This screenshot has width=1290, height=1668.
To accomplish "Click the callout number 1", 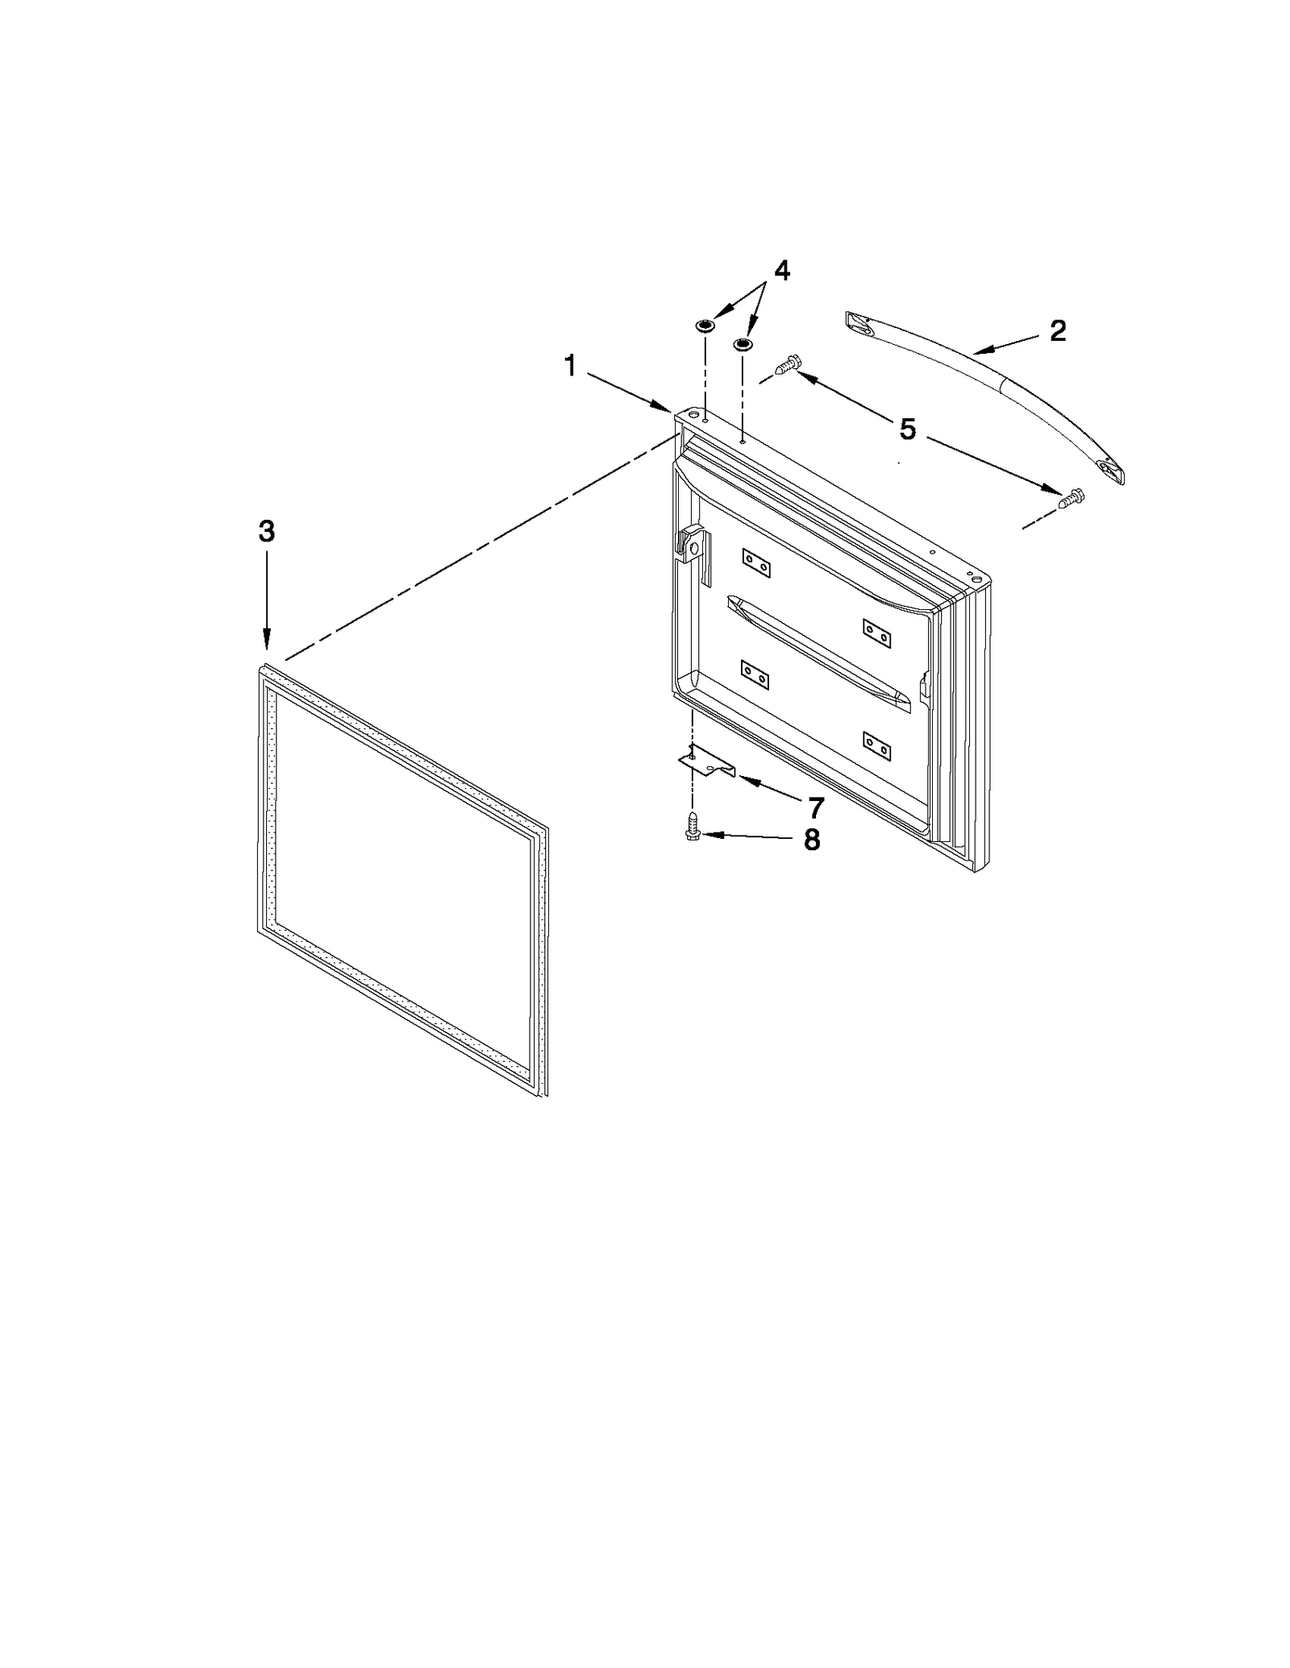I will tap(571, 367).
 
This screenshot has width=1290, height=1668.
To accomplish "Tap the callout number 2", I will tap(1057, 330).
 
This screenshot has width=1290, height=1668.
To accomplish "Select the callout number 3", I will tap(266, 531).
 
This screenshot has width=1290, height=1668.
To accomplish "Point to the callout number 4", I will tap(780, 271).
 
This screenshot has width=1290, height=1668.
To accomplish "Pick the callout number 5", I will tap(908, 429).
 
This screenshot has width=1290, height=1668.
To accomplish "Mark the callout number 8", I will tap(811, 840).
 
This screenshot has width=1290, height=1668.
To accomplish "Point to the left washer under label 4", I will tap(704, 325).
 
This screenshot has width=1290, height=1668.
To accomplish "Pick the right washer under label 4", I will tap(742, 345).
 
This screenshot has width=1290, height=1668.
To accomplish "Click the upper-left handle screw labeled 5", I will tap(787, 366).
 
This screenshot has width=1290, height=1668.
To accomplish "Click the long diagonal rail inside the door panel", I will tap(818, 654).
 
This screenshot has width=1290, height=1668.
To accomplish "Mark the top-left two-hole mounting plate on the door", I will tap(756, 562).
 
